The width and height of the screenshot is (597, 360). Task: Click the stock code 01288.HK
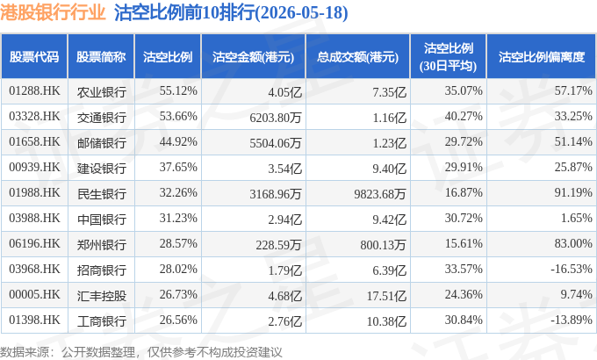point(34,91)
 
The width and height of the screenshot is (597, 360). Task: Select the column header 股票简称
point(101,57)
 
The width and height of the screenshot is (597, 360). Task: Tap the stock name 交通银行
point(101,118)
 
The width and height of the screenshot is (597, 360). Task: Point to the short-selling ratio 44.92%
point(178,141)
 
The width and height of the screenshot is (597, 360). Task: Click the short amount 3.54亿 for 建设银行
point(284,169)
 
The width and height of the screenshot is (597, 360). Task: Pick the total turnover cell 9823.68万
point(380,194)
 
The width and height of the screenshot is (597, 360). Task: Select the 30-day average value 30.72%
point(464,218)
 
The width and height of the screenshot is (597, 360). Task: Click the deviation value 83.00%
point(573,243)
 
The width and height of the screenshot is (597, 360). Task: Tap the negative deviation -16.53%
point(572,269)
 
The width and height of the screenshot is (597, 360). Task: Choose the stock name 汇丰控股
point(101,296)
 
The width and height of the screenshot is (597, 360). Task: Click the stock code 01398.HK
point(34,320)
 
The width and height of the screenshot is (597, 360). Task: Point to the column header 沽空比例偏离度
point(542,57)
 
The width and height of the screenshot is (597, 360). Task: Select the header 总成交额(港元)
point(357,57)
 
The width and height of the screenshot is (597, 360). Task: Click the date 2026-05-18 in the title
point(302,12)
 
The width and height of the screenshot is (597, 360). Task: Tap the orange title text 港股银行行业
point(53,12)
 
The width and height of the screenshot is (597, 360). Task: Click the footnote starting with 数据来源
point(140,352)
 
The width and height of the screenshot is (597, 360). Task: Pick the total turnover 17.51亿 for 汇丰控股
point(386,296)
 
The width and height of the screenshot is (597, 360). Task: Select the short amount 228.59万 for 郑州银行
point(278,245)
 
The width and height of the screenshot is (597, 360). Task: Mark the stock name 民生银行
point(101,194)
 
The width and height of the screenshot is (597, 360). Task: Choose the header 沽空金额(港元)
point(253,57)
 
